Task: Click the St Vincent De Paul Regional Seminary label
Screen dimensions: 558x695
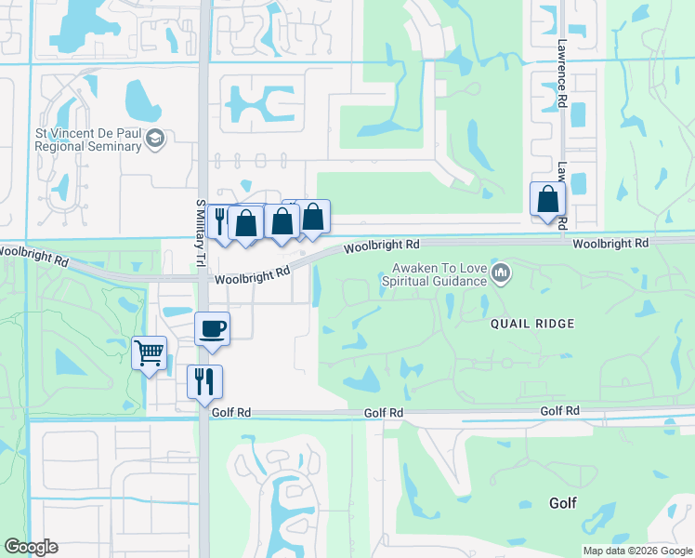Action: click(88, 139)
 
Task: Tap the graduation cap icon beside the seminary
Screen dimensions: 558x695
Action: click(155, 139)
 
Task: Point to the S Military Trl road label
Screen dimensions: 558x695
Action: click(199, 233)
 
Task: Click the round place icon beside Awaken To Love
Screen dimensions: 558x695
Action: click(502, 273)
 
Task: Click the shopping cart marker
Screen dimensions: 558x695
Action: click(149, 352)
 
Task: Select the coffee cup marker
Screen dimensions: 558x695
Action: click(213, 328)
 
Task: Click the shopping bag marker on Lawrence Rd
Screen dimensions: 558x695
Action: click(548, 199)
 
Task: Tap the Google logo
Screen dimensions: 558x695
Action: click(31, 547)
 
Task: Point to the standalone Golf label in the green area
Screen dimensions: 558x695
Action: click(562, 503)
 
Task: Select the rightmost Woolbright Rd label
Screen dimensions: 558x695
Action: click(610, 243)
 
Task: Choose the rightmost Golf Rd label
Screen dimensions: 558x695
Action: click(560, 410)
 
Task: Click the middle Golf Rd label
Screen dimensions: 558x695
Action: click(383, 413)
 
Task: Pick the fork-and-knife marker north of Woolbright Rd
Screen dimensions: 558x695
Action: click(220, 221)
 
